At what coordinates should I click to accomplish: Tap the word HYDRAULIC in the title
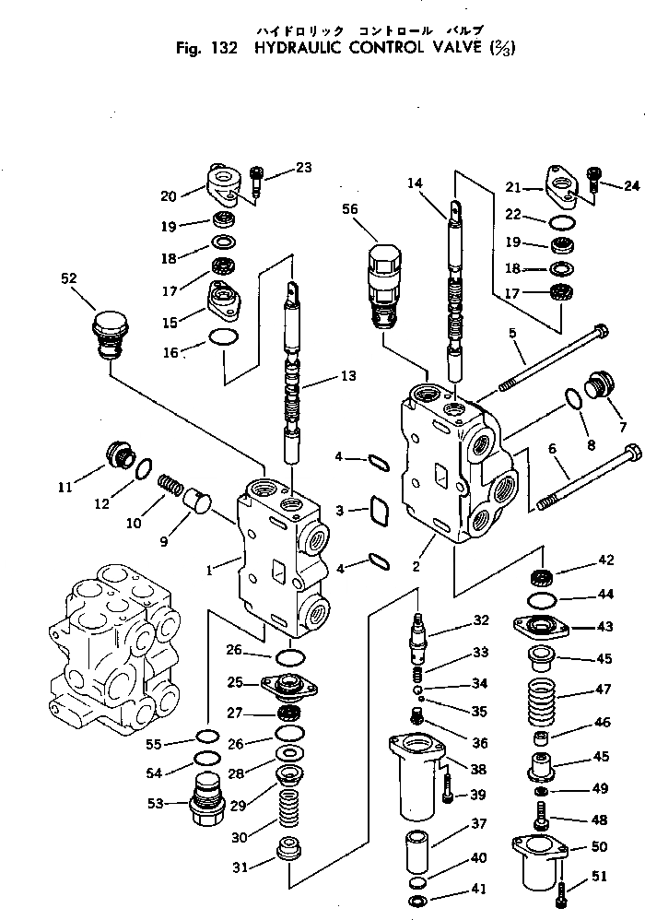[x=286, y=47]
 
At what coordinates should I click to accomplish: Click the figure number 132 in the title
[x=227, y=47]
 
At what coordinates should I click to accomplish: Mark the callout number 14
[x=414, y=183]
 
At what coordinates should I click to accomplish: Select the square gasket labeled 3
[x=380, y=509]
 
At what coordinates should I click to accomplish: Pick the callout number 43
[x=604, y=627]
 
